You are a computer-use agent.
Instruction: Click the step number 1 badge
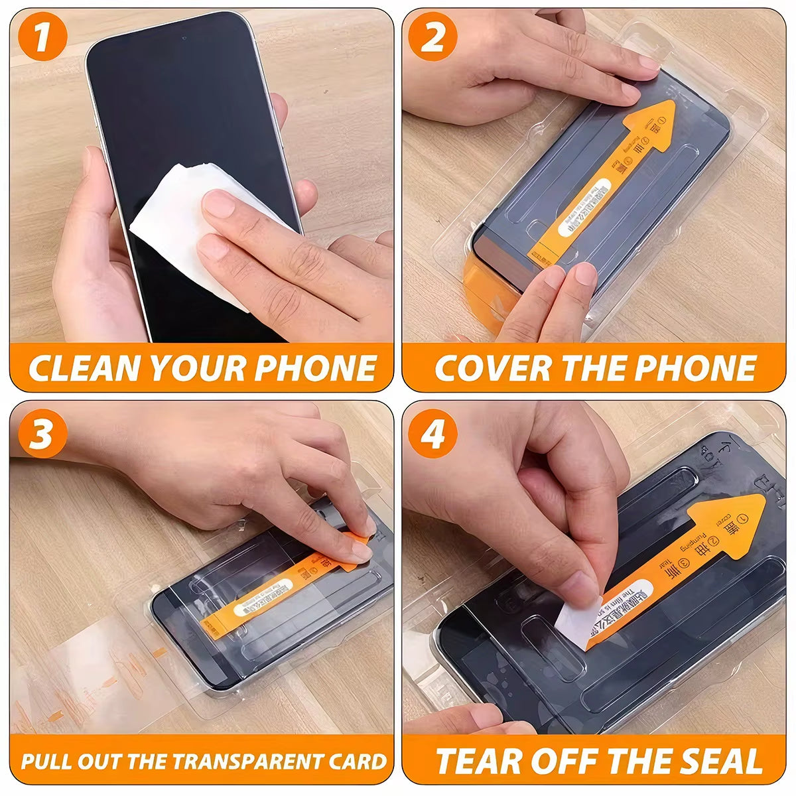42,36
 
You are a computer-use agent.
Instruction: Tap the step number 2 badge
432,36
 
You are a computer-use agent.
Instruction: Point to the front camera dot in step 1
183,36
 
